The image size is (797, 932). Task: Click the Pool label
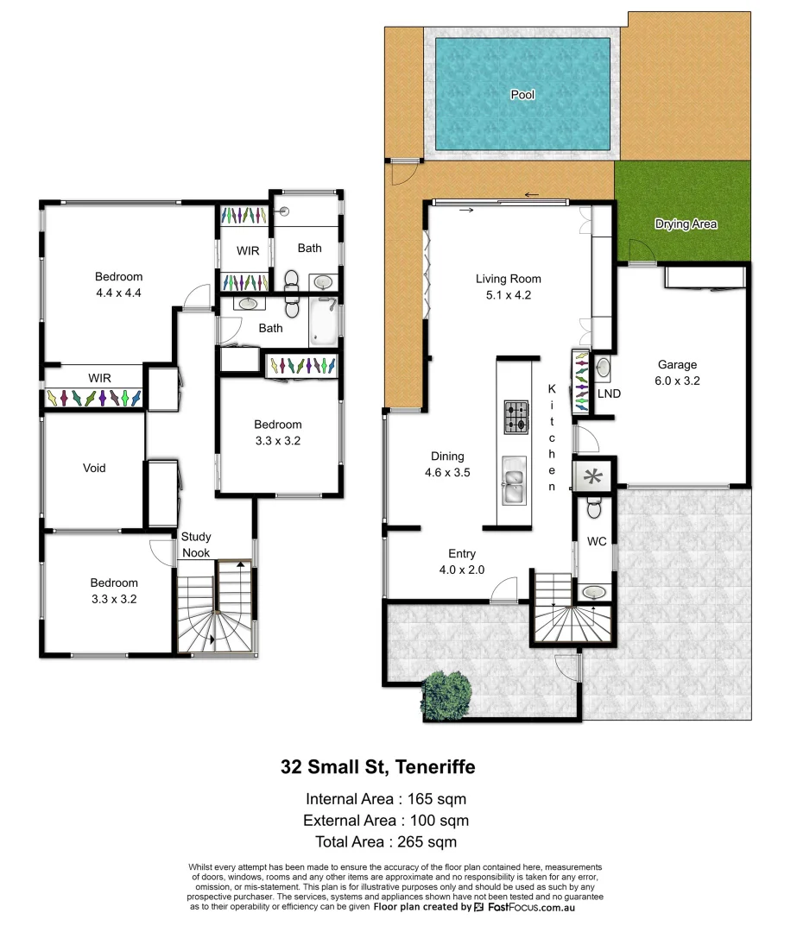pyautogui.click(x=522, y=94)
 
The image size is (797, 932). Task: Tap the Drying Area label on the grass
pyautogui.click(x=686, y=224)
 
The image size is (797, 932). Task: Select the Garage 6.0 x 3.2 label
pyautogui.click(x=677, y=372)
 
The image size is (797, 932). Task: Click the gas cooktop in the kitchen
pyautogui.click(x=516, y=418)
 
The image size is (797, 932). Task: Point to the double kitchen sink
pyautogui.click(x=516, y=481)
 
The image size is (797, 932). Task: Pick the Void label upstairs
pyautogui.click(x=94, y=468)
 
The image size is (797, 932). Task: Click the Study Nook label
pyautogui.click(x=196, y=545)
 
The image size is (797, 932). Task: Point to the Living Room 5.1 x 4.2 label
pyautogui.click(x=509, y=286)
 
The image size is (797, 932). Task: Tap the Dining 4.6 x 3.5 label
pyautogui.click(x=447, y=464)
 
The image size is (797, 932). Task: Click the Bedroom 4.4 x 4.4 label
pyautogui.click(x=118, y=285)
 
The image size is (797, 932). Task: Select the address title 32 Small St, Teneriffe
pyautogui.click(x=377, y=766)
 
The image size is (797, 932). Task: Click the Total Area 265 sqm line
pyautogui.click(x=380, y=841)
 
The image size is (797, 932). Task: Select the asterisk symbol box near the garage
pyautogui.click(x=593, y=475)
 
